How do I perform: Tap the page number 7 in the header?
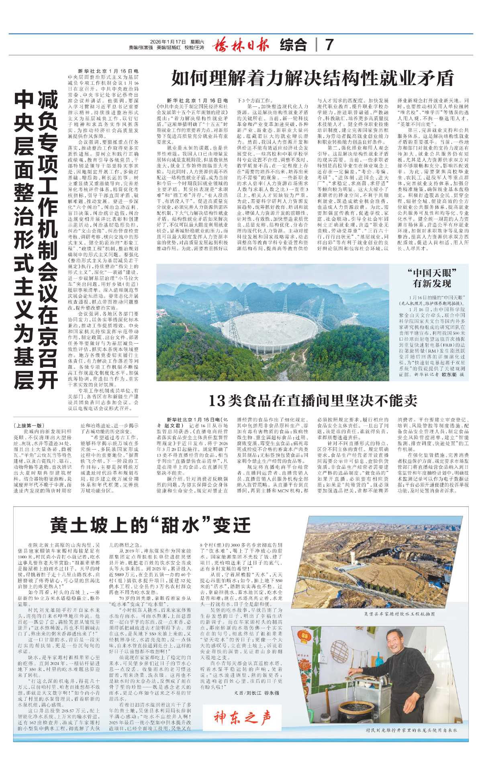[329, 45]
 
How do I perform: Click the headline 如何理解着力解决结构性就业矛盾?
[312, 78]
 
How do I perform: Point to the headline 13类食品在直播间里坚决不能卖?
[312, 401]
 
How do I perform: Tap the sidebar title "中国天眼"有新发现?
[432, 278]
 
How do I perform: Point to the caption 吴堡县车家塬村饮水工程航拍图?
[393, 614]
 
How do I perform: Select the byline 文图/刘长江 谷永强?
[256, 693]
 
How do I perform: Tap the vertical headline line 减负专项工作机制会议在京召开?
[48, 241]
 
